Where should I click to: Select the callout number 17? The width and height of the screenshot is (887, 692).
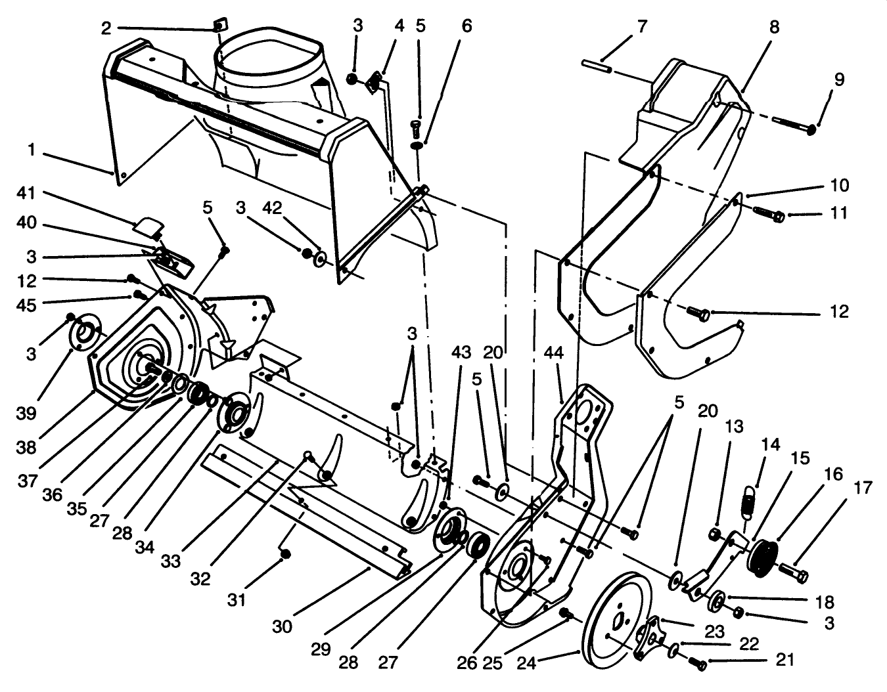click(863, 487)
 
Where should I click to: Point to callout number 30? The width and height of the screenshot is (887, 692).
click(282, 626)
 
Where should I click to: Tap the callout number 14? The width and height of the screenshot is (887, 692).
click(771, 444)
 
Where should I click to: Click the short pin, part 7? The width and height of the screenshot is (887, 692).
click(597, 66)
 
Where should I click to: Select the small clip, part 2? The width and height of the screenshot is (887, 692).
click(219, 26)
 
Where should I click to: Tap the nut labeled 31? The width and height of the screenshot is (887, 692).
click(286, 555)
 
